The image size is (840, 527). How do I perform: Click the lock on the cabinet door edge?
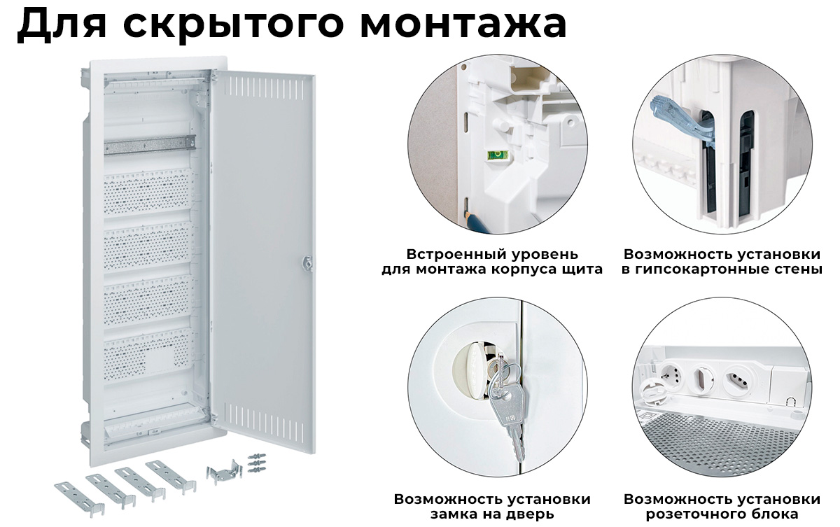(x=307, y=262)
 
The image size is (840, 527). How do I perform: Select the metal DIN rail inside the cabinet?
(x=150, y=144)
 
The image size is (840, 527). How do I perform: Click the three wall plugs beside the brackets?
(x=258, y=463)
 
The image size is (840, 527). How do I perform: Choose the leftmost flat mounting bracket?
(x=80, y=498)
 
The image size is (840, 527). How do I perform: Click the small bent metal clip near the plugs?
(x=224, y=473)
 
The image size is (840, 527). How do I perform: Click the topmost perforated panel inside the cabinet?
(x=148, y=193)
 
